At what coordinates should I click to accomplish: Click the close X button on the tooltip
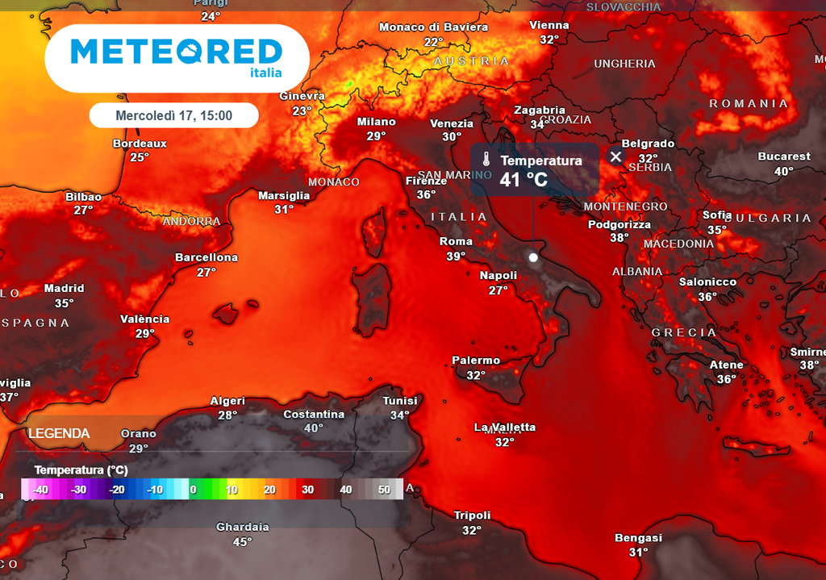616,156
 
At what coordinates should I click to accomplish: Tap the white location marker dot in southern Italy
532,257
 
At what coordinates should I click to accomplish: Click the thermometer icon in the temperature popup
486,158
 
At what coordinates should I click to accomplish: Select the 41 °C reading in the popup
524,179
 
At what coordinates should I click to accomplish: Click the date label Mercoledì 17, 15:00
173,115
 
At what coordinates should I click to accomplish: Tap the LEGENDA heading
59,434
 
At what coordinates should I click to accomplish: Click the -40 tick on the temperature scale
40,489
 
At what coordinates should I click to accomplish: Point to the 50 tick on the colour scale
384,489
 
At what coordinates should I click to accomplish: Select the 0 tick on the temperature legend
193,489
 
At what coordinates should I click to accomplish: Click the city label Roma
456,241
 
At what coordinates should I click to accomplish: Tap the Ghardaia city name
242,527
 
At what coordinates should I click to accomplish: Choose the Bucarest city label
784,156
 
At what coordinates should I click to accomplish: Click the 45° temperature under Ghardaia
242,541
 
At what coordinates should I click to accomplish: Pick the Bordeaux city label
140,144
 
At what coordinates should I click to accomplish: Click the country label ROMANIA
748,103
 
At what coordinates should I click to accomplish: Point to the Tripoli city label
472,515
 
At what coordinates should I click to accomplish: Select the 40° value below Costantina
313,428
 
